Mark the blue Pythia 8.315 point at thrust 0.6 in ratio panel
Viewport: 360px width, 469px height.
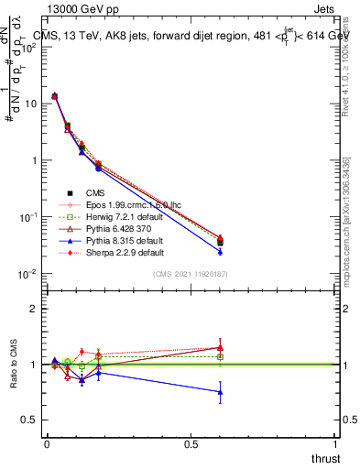point(220,392)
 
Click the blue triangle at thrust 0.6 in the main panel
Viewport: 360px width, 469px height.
point(220,251)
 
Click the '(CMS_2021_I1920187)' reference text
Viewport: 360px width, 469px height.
point(190,273)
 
